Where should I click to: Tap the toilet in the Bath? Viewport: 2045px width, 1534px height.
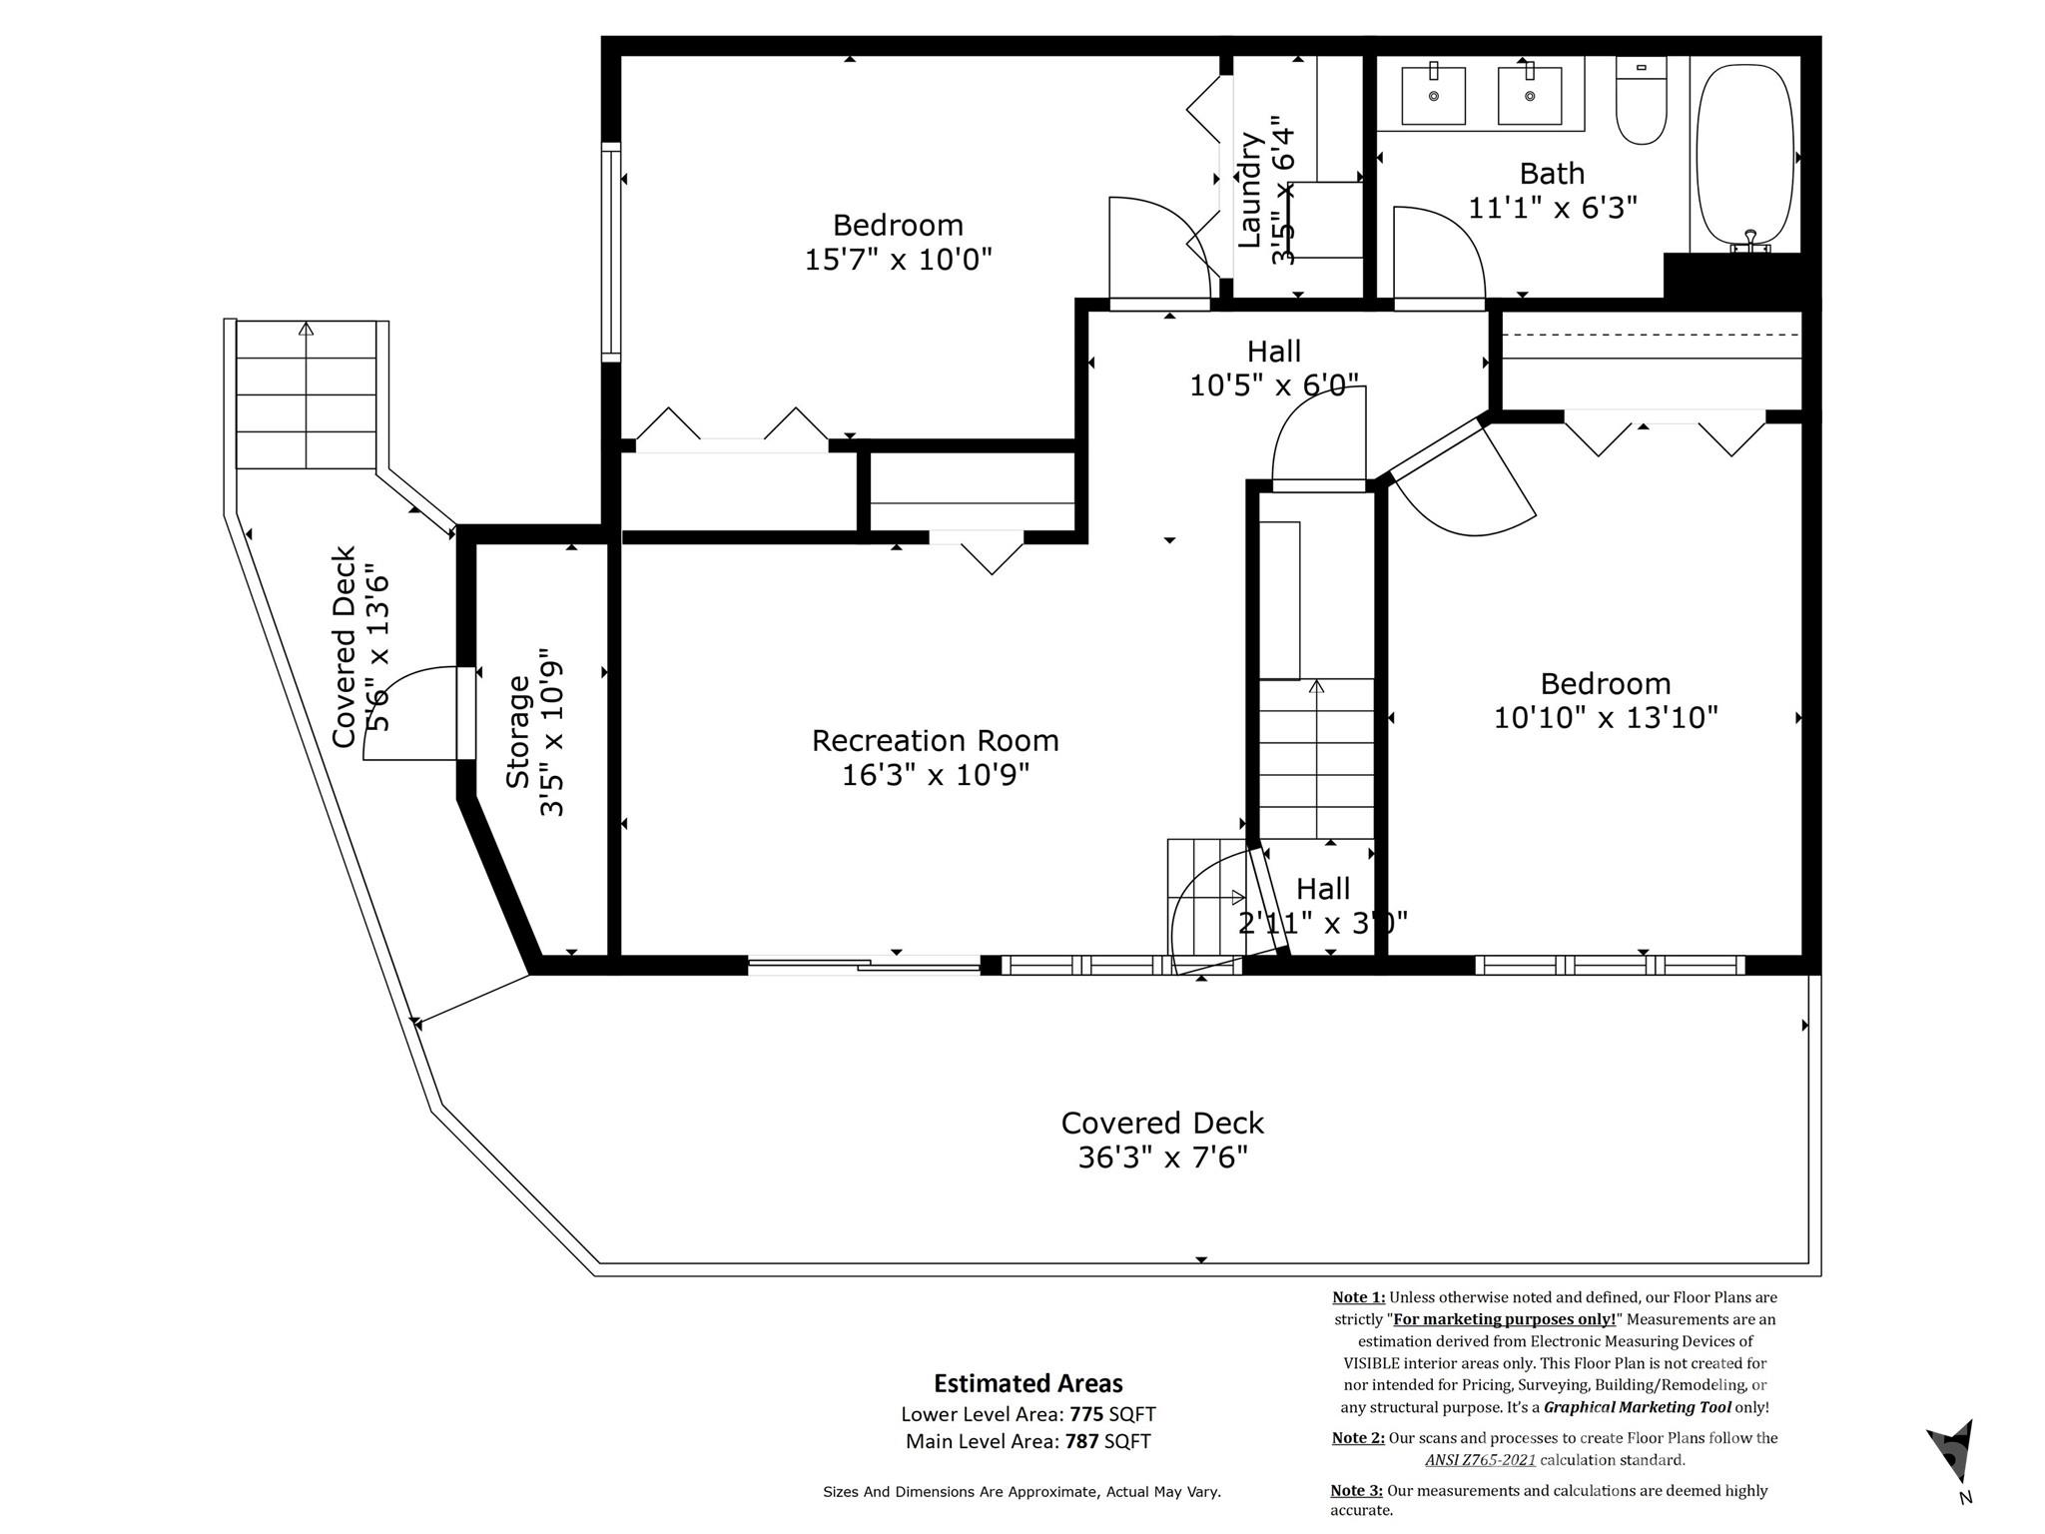point(1641,100)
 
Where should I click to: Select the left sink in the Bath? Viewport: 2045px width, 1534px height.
point(1434,95)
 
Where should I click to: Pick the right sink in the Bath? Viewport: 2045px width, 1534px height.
point(1530,95)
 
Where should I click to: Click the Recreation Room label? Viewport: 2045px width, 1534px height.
point(935,741)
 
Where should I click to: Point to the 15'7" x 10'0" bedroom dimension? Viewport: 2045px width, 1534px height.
point(899,260)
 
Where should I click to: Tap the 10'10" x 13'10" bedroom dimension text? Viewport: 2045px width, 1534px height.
point(1606,717)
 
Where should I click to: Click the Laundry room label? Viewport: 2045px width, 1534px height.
point(1250,190)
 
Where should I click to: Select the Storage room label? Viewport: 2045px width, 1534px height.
point(517,732)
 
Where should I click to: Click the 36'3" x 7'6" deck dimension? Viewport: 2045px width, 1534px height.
point(1163,1157)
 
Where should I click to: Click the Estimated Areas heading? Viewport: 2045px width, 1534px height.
point(1028,1383)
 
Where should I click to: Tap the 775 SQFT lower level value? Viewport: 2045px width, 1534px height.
point(1112,1414)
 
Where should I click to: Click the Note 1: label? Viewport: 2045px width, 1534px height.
point(1358,1297)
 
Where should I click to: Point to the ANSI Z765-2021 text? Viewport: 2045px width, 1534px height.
point(1480,1460)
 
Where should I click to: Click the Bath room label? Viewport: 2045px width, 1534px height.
point(1552,174)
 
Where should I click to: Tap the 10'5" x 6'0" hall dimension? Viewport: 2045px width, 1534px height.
point(1274,385)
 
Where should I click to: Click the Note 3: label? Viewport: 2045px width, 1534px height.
point(1357,1491)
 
